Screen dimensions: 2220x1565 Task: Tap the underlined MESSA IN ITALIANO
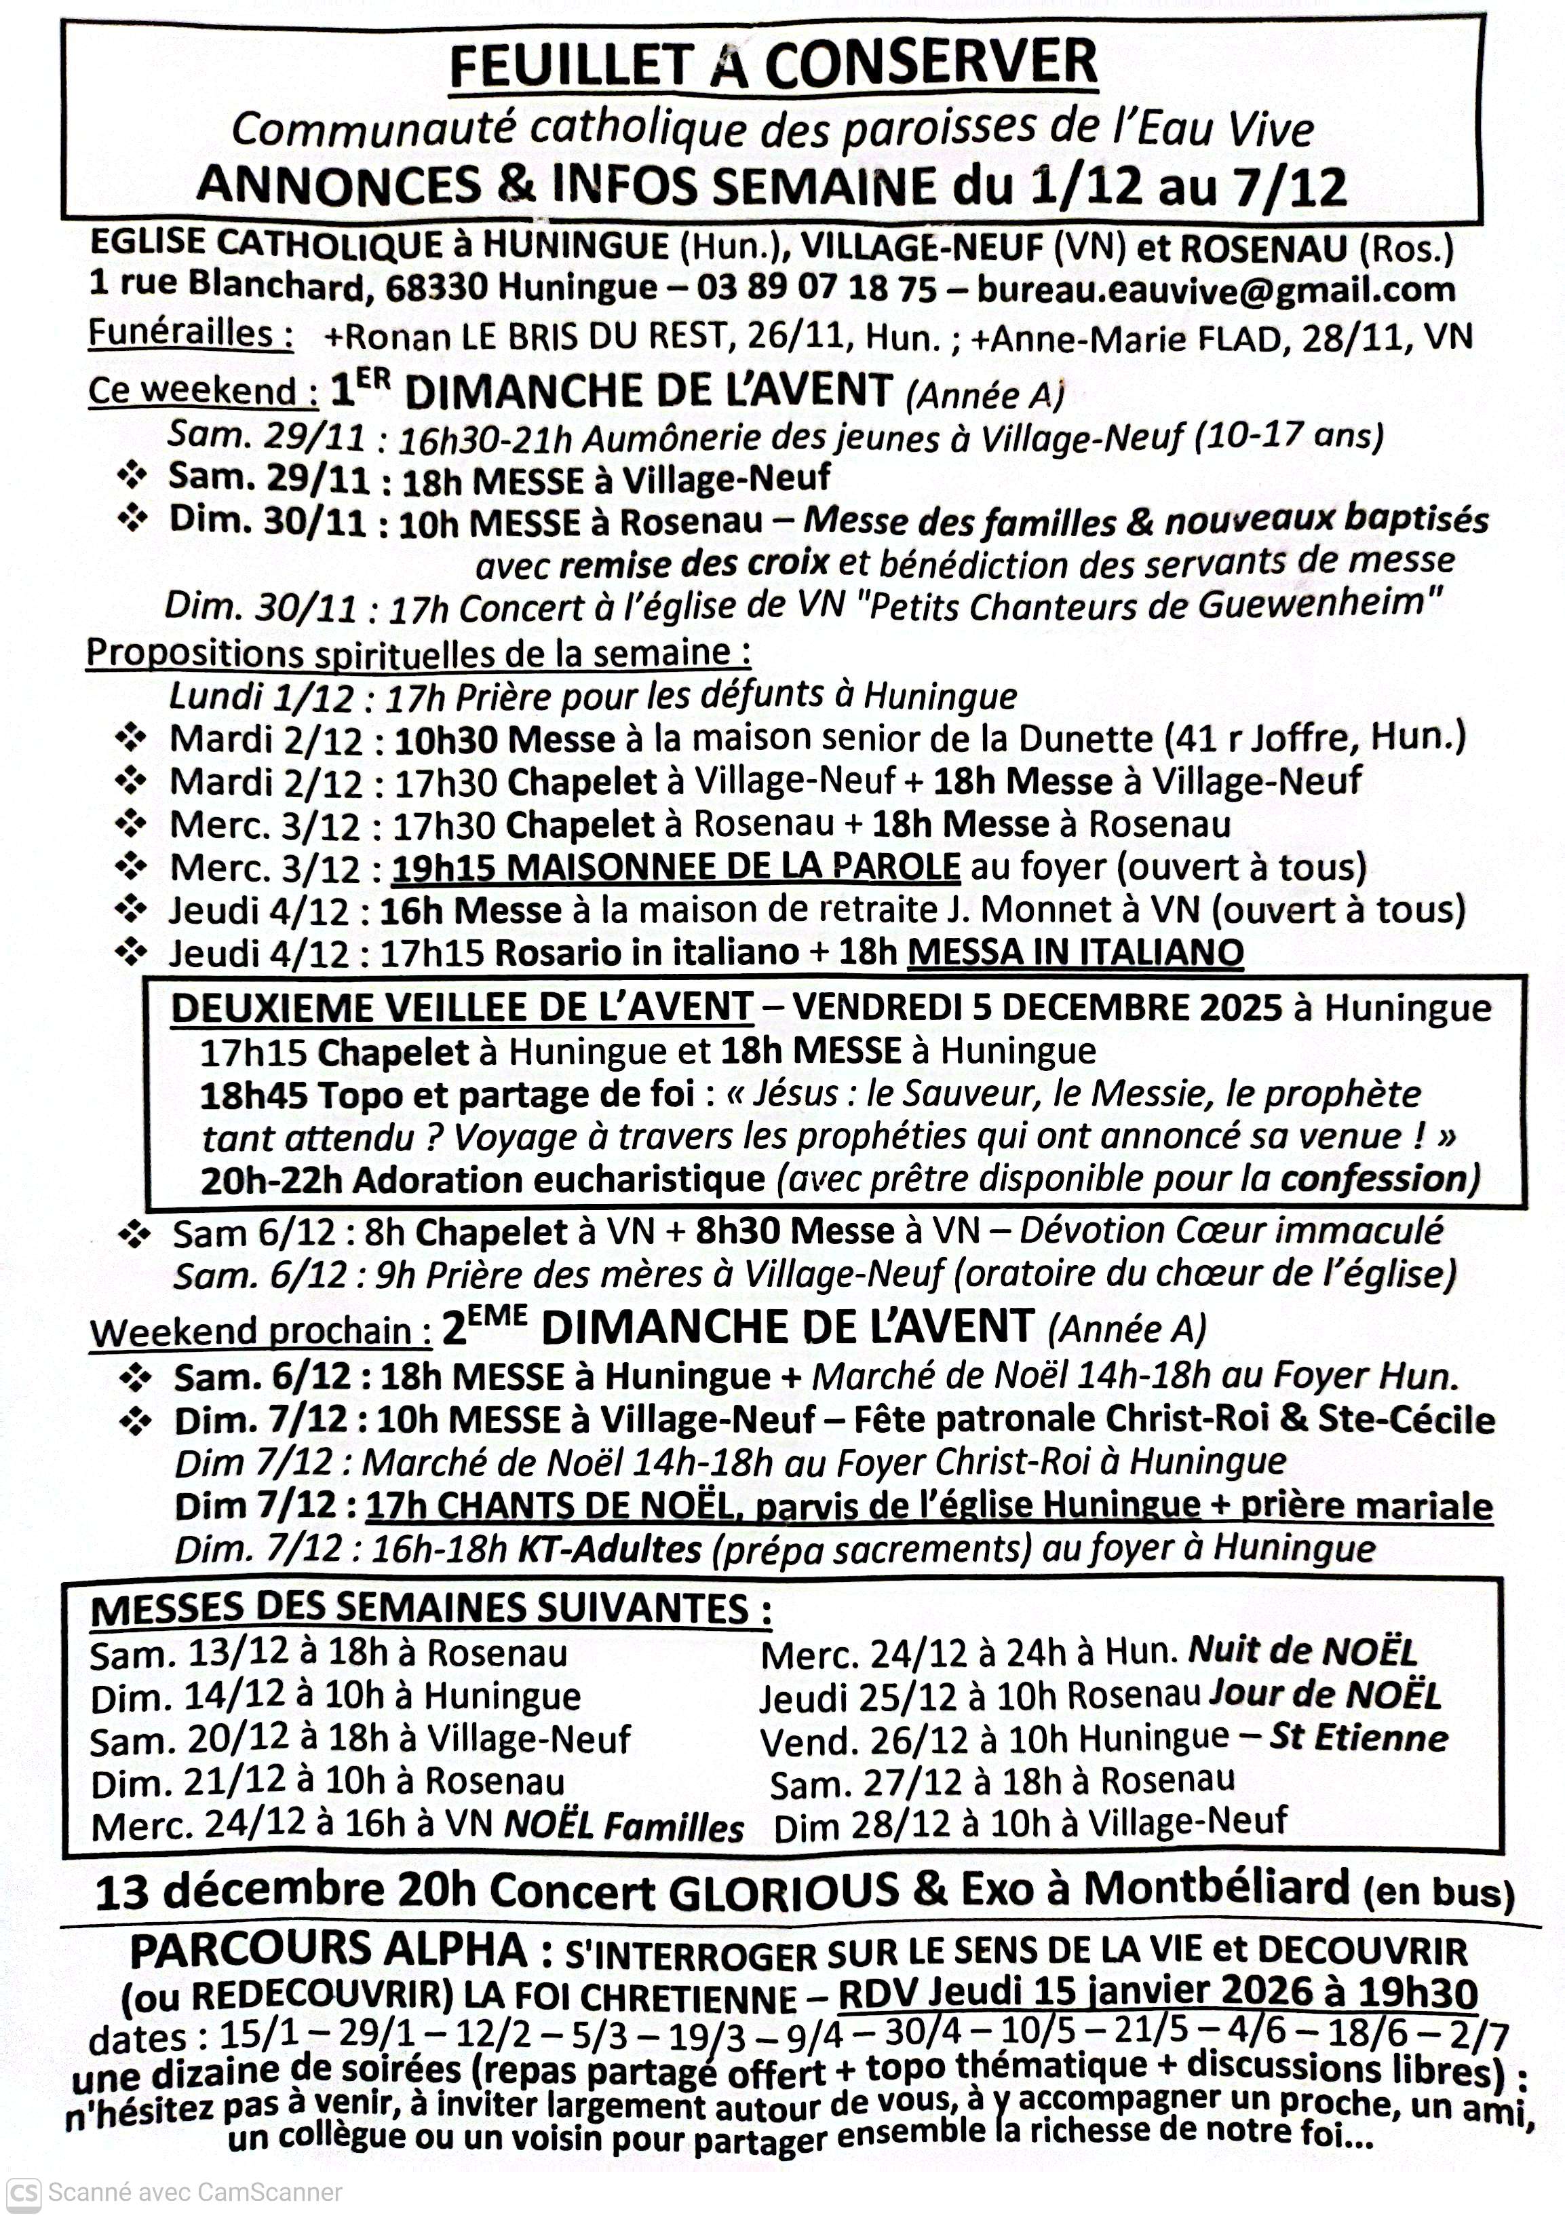tap(1075, 952)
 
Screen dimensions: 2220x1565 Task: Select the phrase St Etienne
tap(1358, 1737)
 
